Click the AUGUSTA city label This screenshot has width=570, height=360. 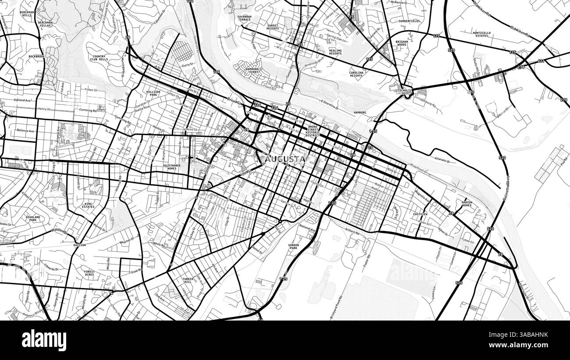click(285, 159)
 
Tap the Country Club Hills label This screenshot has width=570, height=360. click(99, 58)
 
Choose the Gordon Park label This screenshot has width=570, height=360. click(294, 246)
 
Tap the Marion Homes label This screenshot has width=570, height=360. click(467, 203)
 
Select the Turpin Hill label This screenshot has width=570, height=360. click(188, 281)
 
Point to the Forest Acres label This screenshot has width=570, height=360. click(89, 273)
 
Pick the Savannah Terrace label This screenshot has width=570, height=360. click(244, 18)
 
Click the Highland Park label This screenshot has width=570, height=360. click(33, 218)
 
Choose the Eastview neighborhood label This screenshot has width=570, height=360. click(420, 214)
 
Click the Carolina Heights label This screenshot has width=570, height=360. click(356, 74)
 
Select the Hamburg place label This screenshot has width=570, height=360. click(360, 113)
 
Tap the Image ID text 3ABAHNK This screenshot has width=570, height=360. click(525, 335)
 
